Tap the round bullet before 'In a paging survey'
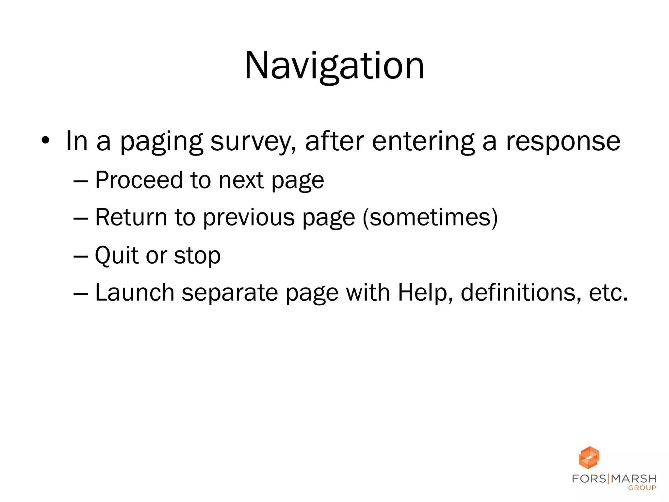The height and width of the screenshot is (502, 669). click(45, 141)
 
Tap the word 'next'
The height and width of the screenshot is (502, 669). click(241, 180)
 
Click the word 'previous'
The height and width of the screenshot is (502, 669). click(249, 218)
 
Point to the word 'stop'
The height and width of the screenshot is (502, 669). click(197, 256)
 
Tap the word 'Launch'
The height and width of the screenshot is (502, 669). click(135, 292)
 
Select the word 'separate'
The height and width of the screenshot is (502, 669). click(230, 293)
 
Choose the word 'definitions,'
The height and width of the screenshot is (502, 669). click(521, 292)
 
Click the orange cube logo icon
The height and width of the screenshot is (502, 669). click(589, 457)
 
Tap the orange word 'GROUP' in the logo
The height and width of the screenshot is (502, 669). click(642, 488)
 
